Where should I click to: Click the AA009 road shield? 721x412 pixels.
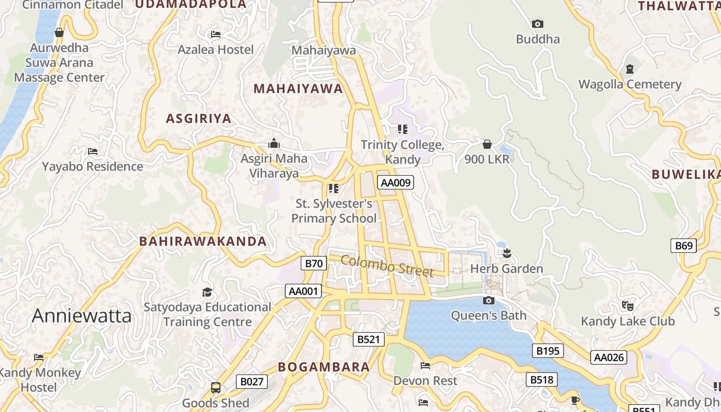point(396,182)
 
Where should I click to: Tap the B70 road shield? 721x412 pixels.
point(314,264)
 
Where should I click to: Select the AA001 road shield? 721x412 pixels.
point(303,291)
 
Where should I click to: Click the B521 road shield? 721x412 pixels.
point(368,339)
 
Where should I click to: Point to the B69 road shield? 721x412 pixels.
point(683,246)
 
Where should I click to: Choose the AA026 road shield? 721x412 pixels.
point(609,357)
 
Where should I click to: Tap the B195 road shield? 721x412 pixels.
point(547,351)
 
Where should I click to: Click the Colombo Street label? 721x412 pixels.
point(387,265)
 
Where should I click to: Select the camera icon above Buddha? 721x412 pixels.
point(537,24)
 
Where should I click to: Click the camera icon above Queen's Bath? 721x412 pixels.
point(489,300)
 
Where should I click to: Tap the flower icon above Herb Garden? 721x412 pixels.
point(507,253)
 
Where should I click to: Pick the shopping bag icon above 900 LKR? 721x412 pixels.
point(487,144)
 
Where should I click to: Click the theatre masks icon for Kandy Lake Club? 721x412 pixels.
point(627,306)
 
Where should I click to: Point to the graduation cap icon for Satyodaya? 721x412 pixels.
point(207,292)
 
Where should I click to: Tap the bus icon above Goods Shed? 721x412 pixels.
point(216,387)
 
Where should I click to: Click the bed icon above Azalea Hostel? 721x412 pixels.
point(216,35)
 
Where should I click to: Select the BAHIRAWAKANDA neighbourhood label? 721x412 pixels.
point(203,241)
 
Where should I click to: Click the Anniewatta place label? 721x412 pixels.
point(82,316)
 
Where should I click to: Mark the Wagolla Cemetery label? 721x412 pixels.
point(630,84)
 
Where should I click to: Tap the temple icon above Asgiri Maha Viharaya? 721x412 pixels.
point(274,143)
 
